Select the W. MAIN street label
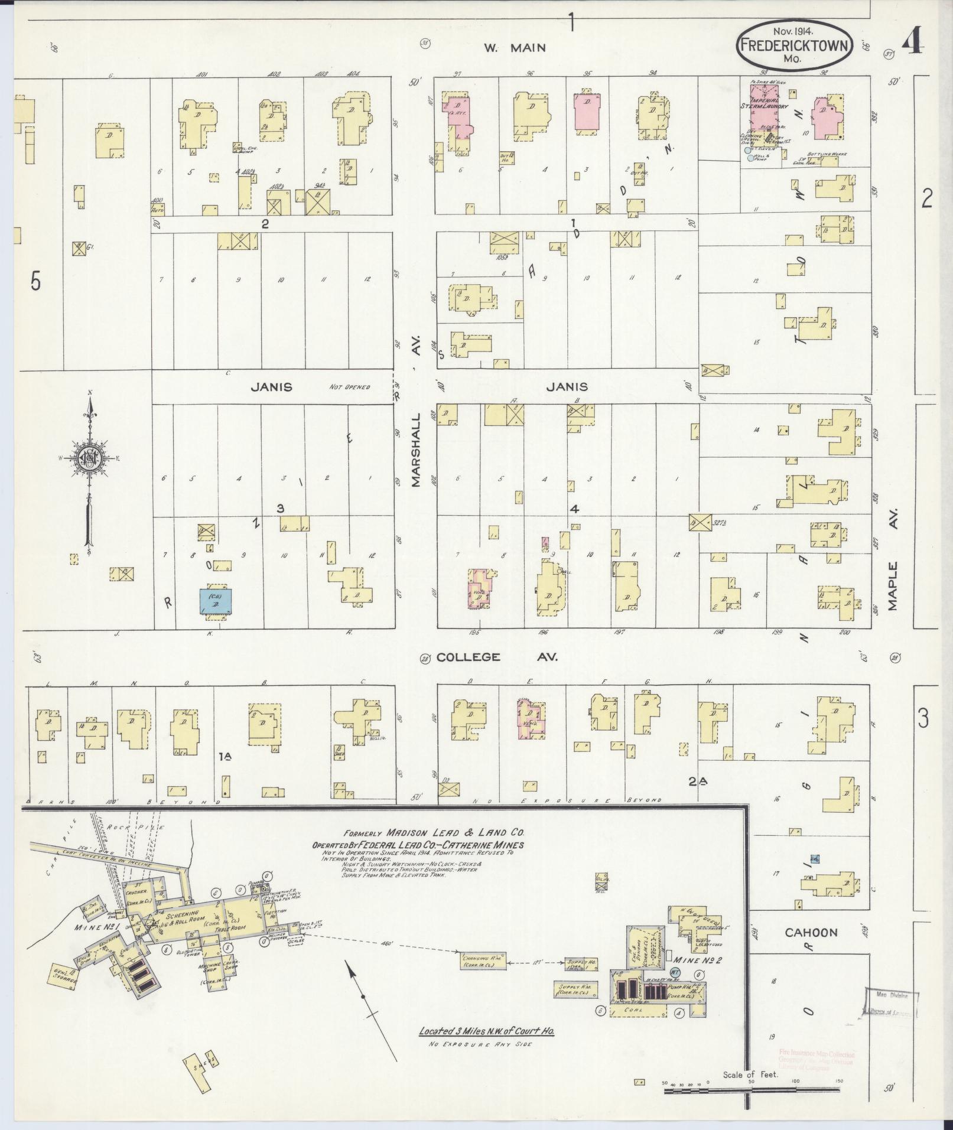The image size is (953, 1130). point(515,48)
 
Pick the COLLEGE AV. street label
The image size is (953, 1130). point(496,657)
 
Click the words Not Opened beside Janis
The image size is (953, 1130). point(350,387)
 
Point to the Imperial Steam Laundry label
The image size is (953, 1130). point(767,106)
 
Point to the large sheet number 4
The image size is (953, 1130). point(913,42)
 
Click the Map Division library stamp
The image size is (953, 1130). point(892,1002)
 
